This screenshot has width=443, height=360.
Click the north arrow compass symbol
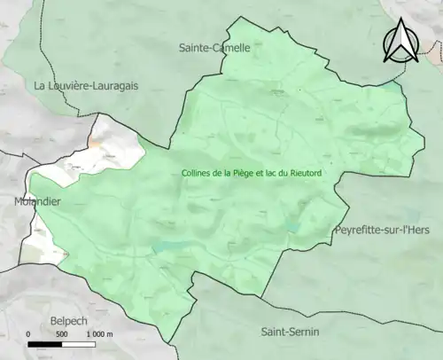(402, 42)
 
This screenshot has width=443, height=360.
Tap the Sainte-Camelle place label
(214, 48)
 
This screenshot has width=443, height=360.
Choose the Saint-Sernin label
(291, 332)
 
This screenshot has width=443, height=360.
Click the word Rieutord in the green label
(302, 174)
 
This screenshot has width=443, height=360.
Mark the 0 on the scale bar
(28, 334)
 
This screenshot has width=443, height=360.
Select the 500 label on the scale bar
(62, 334)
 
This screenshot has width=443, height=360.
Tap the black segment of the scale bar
(45, 343)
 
